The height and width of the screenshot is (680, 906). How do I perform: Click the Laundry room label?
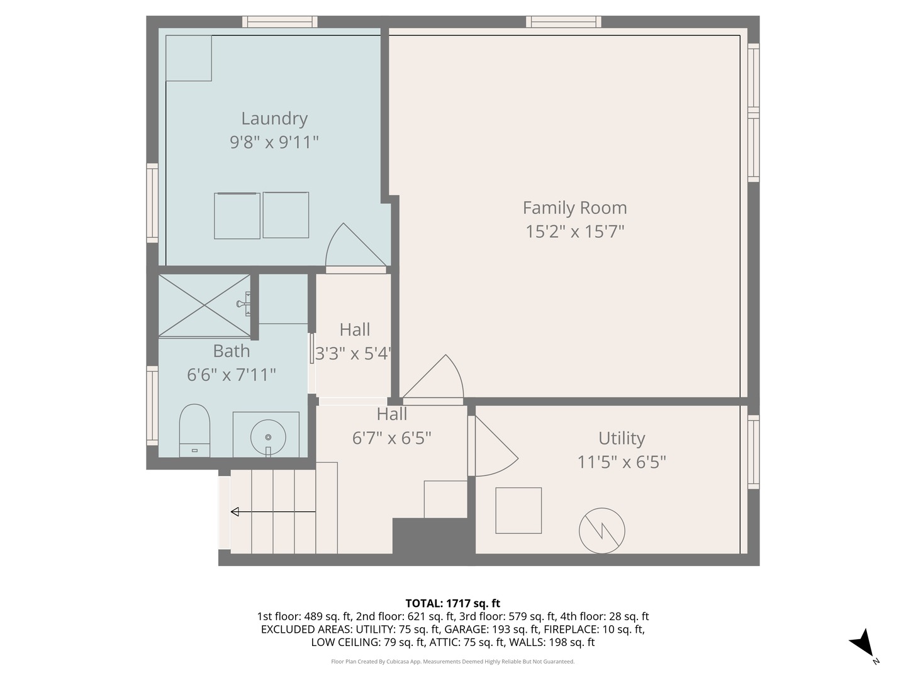click(274, 119)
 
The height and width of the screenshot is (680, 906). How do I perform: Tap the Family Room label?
click(574, 208)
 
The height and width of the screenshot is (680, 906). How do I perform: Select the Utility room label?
click(622, 438)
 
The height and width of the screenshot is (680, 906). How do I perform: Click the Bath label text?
click(231, 351)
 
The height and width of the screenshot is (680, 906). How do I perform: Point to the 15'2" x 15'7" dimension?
click(574, 231)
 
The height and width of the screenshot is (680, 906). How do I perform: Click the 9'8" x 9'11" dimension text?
click(274, 142)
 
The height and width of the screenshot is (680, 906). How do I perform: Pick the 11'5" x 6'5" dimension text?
click(622, 462)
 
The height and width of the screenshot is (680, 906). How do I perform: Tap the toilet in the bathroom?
click(194, 430)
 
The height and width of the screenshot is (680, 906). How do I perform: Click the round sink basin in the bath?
click(268, 437)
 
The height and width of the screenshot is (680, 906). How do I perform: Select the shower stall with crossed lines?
click(204, 305)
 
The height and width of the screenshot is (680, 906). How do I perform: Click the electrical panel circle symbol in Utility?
click(602, 531)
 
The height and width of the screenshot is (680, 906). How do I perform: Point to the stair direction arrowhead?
click(235, 512)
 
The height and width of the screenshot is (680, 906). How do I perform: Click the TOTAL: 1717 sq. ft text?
click(453, 604)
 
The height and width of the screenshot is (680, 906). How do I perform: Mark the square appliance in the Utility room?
click(518, 510)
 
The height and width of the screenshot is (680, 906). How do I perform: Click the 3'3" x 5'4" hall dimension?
click(353, 353)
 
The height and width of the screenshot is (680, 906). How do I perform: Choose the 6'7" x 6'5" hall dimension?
click(392, 438)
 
